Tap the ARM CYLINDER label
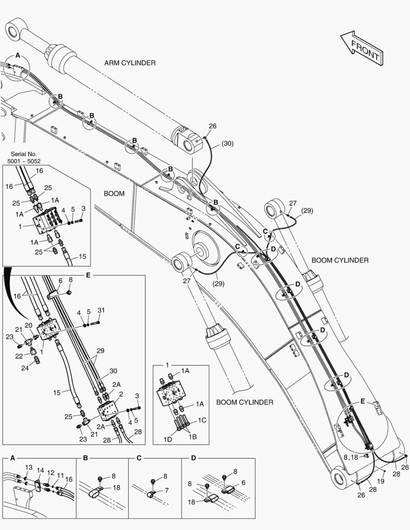click(130, 63)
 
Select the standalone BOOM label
click(114, 193)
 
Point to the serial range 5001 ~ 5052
click(24, 161)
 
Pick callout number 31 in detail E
click(101, 310)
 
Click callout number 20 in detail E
click(28, 325)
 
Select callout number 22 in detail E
click(19, 356)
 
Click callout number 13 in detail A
click(29, 467)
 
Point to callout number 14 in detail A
click(41, 470)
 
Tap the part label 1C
click(202, 421)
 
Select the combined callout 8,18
click(352, 457)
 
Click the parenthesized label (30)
click(227, 143)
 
